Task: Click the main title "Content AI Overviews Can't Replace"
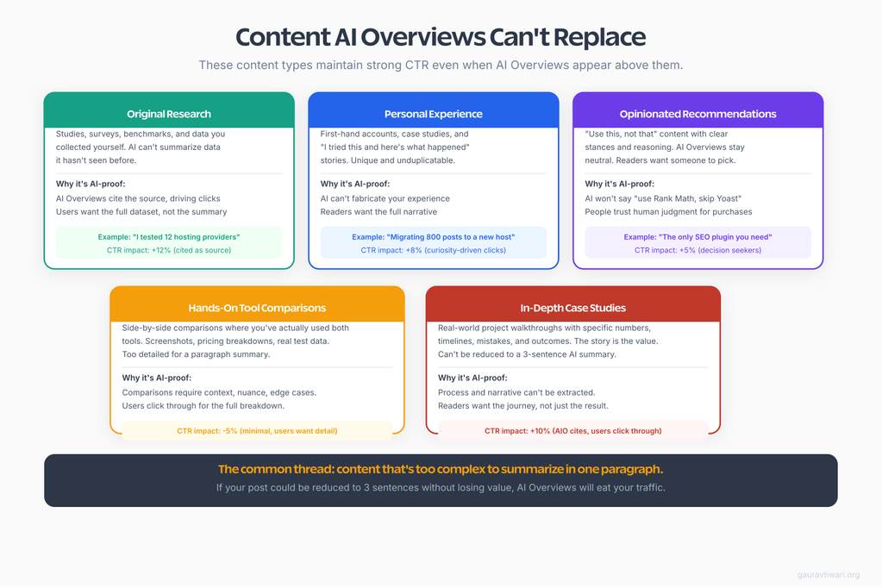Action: click(441, 38)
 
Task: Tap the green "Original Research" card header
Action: click(169, 114)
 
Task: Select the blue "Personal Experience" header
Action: click(433, 114)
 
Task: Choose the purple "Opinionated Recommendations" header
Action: click(697, 114)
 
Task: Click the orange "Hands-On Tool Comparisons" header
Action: click(257, 308)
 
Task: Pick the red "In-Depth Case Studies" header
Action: click(572, 308)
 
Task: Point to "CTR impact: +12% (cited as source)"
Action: click(169, 250)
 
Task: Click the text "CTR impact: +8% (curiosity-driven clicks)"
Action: click(433, 250)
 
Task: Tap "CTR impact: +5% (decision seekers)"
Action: click(697, 250)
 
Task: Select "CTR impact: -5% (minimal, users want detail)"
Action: click(257, 430)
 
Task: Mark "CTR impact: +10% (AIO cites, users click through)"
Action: click(572, 430)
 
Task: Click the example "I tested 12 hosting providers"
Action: click(169, 236)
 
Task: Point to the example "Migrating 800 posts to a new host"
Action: click(433, 236)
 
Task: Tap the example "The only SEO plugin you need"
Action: click(697, 236)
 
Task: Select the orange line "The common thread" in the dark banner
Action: click(441, 470)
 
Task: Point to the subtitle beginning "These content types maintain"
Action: click(441, 66)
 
